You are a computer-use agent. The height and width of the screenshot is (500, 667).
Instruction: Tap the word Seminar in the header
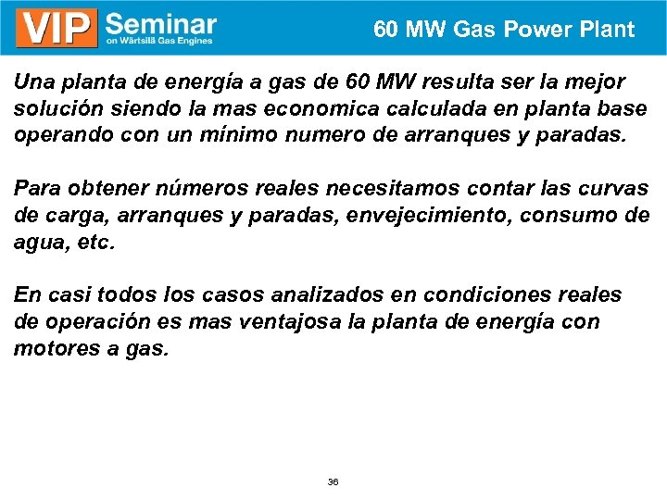click(x=161, y=23)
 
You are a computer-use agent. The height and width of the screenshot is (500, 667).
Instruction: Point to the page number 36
click(x=333, y=482)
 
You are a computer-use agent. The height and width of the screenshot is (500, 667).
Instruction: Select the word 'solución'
click(x=50, y=108)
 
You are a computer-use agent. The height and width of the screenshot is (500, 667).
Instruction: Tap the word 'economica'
click(x=308, y=108)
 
